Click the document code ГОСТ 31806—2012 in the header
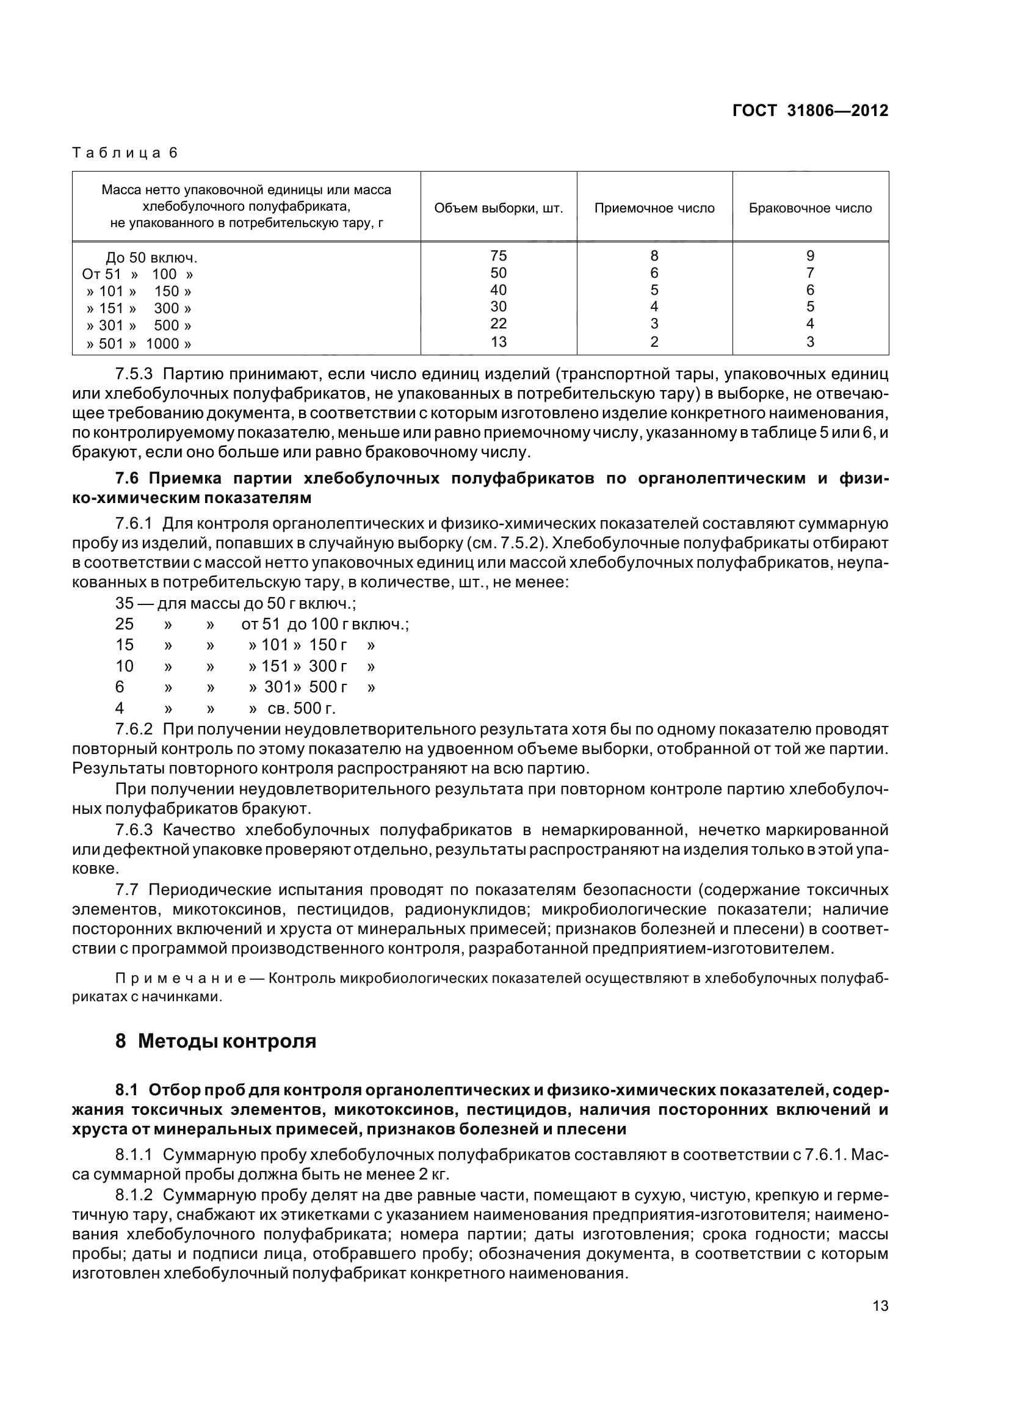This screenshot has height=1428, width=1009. (810, 111)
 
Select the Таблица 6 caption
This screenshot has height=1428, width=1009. (125, 153)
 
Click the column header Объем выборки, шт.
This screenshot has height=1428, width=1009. (499, 208)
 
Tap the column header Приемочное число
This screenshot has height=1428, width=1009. (654, 208)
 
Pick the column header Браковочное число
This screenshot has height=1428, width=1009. (810, 208)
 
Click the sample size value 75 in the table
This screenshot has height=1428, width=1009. (499, 256)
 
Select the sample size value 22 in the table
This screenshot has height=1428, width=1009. (499, 324)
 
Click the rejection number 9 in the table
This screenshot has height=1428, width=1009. (810, 256)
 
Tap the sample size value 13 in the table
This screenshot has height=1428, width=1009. (499, 341)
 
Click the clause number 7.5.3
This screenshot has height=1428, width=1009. (134, 374)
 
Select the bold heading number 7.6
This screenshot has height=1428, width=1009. (129, 478)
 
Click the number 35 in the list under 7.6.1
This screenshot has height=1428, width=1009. (125, 603)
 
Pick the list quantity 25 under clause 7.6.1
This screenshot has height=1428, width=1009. (125, 624)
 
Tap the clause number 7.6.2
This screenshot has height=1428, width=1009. (134, 728)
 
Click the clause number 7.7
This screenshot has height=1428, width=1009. (127, 890)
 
